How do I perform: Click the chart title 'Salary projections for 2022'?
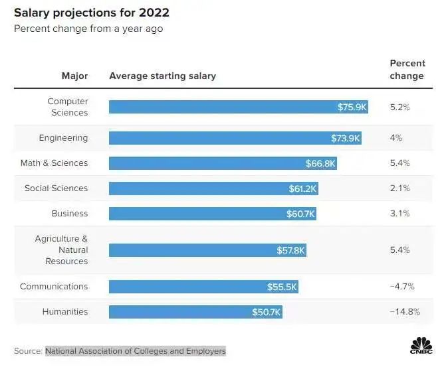92,13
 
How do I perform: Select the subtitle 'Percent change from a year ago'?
88,29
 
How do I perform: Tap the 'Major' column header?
74,76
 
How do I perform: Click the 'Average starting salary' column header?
162,76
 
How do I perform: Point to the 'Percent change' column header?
407,69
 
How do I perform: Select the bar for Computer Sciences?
238,107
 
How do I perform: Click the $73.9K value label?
346,138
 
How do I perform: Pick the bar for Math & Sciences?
223,163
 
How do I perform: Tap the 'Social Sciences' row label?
56,188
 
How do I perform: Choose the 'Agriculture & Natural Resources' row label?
62,250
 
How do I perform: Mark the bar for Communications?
203,287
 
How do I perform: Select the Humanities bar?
195,312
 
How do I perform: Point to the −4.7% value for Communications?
402,287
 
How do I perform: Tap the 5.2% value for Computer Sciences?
399,107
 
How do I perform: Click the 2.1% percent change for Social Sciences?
399,188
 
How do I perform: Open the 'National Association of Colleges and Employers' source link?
135,351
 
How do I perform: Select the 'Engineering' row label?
63,138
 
